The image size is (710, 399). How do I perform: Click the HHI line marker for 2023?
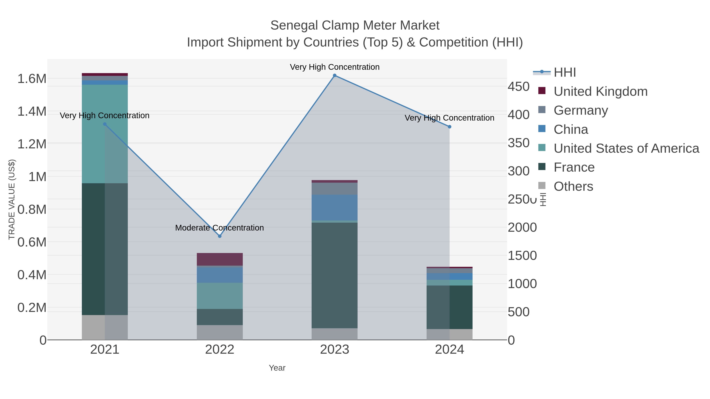click(335, 75)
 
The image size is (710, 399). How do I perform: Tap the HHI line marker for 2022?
click(220, 236)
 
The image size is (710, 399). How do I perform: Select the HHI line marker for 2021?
click(105, 124)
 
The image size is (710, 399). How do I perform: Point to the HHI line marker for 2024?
click(449, 127)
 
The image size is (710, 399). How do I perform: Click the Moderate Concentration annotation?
click(219, 228)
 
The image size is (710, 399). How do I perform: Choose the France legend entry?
click(574, 167)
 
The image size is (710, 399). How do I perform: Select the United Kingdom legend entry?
click(600, 91)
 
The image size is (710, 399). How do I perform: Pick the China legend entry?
click(571, 129)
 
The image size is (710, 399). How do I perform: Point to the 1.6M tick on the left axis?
click(32, 79)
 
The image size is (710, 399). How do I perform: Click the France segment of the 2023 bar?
click(335, 275)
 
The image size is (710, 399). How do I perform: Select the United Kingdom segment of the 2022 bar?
click(220, 259)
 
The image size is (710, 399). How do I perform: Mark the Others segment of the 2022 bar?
click(220, 332)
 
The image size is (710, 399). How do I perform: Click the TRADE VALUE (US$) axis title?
click(12, 199)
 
